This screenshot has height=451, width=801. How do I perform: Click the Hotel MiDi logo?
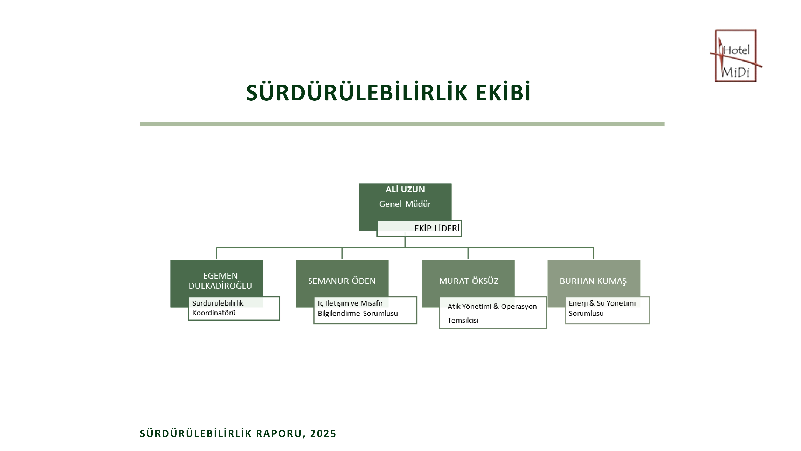click(736, 56)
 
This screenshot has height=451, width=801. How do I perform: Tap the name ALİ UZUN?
click(405, 189)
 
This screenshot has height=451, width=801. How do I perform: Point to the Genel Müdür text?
click(405, 204)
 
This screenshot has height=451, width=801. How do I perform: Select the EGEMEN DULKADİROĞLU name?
click(220, 281)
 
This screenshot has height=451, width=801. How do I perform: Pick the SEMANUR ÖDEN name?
click(342, 281)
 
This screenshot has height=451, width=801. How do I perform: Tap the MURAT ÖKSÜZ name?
click(469, 281)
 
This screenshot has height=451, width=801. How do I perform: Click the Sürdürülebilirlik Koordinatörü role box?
click(234, 308)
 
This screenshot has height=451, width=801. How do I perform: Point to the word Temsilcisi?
click(463, 320)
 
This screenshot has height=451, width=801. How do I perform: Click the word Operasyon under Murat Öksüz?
click(519, 307)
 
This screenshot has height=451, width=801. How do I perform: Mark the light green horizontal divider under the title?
click(402, 124)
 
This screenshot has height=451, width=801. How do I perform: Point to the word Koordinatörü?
click(214, 313)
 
